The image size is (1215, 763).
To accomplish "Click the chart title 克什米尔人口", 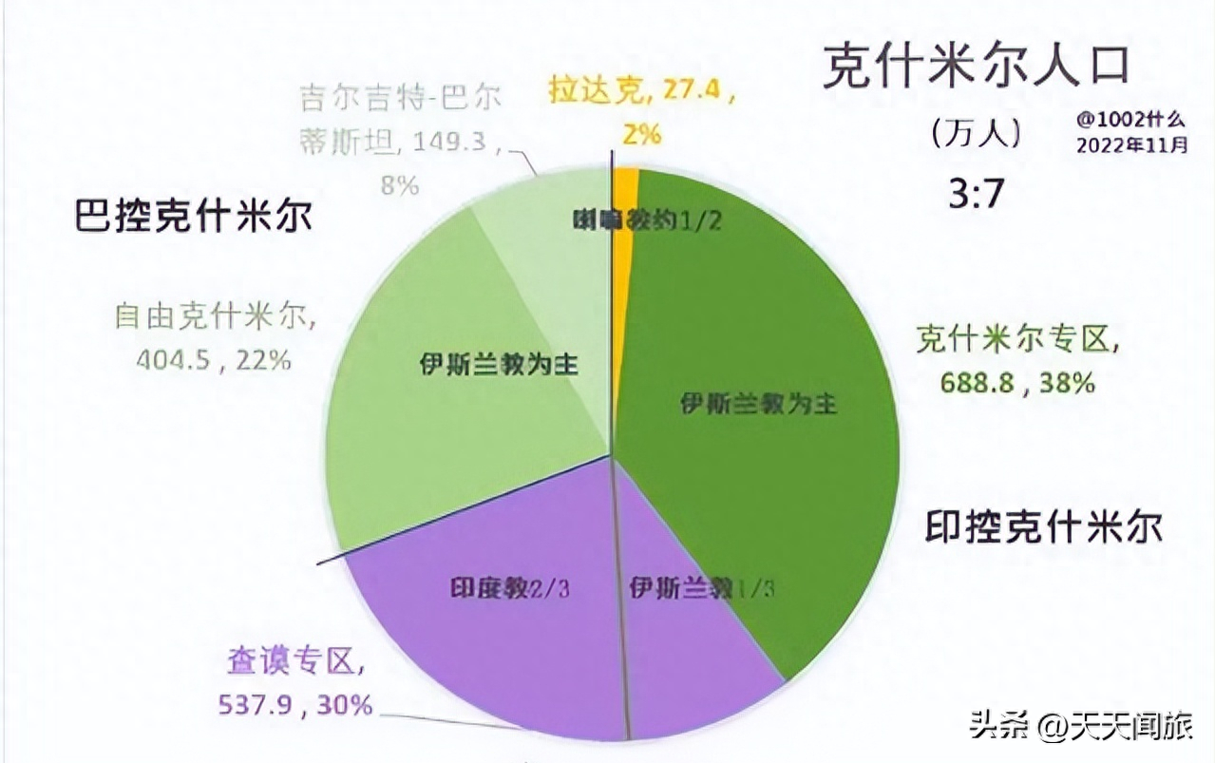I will pyautogui.click(x=975, y=66).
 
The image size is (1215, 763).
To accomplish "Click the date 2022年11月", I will pyautogui.click(x=1131, y=145).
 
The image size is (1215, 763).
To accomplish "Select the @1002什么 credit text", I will pyautogui.click(x=1131, y=121).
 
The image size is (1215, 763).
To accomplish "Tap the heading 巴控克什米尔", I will pyautogui.click(x=193, y=216).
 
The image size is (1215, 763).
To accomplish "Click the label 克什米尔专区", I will pyautogui.click(x=1017, y=339).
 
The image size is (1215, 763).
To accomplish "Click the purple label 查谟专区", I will pyautogui.click(x=295, y=659).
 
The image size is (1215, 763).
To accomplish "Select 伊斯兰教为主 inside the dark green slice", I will pyautogui.click(x=758, y=404).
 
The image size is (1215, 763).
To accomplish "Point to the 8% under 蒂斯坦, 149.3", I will pyautogui.click(x=399, y=183).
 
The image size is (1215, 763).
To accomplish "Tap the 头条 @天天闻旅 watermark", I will pyautogui.click(x=1080, y=727).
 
